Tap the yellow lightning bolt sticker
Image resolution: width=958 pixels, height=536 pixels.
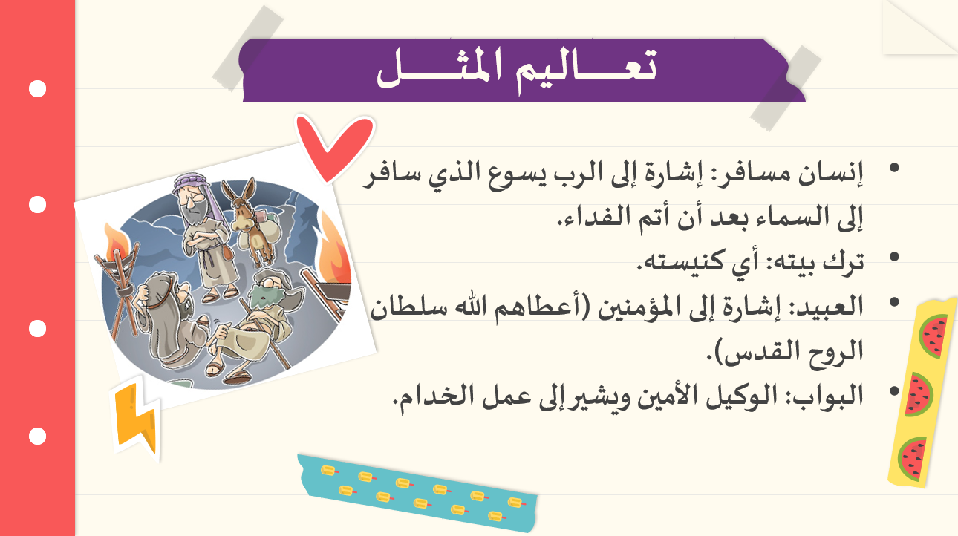click(136, 419)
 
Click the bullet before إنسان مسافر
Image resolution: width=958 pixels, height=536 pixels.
click(894, 168)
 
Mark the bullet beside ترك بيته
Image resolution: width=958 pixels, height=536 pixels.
click(894, 256)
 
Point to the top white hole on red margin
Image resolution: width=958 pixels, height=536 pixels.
click(38, 89)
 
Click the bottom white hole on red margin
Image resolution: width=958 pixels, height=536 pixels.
click(38, 437)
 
